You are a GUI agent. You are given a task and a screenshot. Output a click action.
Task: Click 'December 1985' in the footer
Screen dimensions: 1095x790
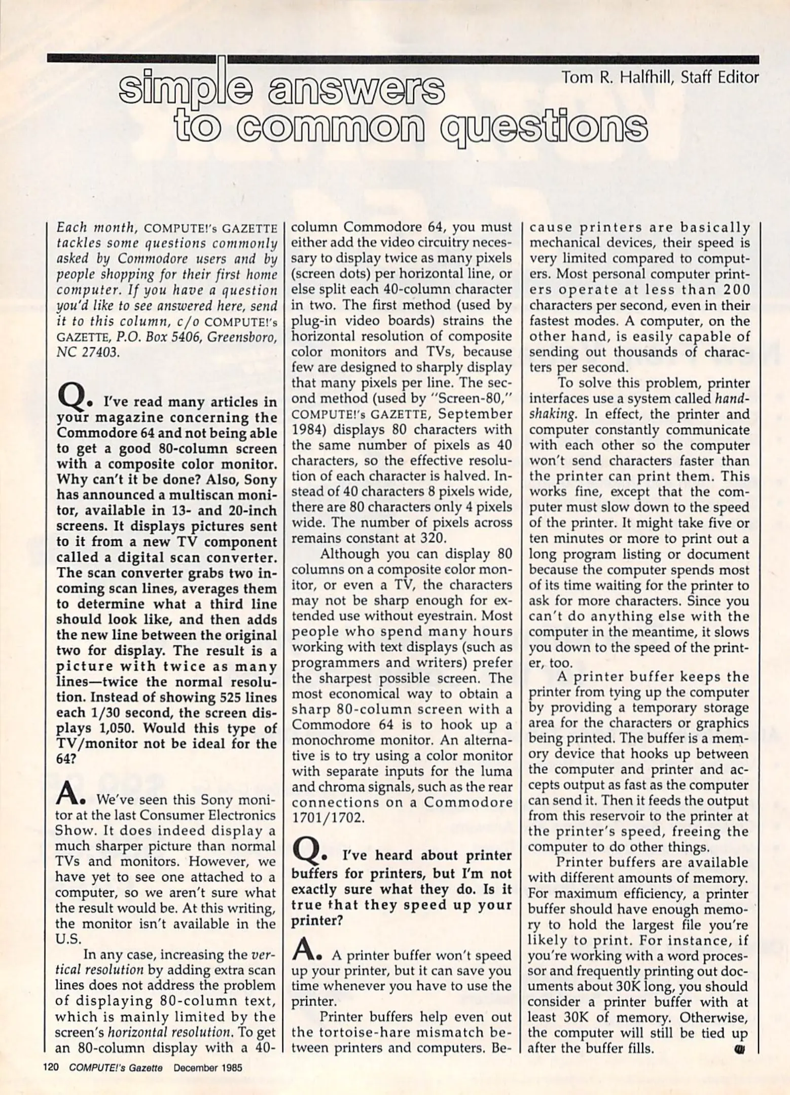click(208, 1067)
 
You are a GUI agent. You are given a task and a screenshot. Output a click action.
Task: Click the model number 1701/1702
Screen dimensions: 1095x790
click(328, 818)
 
